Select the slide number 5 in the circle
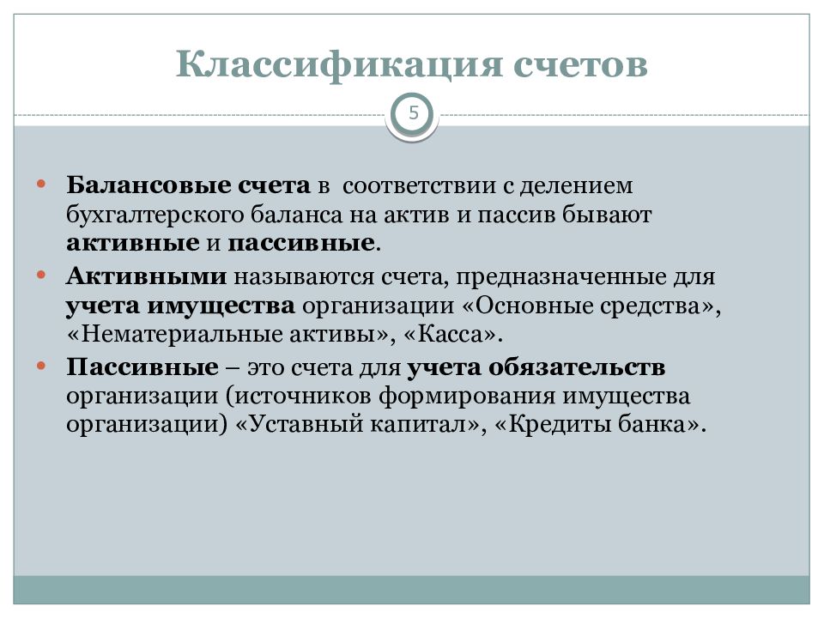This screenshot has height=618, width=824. click(414, 112)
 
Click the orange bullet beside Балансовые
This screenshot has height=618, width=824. click(41, 184)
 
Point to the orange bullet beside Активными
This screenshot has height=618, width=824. click(41, 275)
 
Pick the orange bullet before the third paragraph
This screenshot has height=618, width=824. click(41, 366)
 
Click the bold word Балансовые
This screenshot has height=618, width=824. click(148, 185)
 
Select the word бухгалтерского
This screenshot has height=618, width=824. click(155, 215)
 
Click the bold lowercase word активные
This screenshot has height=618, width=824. click(133, 243)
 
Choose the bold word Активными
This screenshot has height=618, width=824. click(147, 276)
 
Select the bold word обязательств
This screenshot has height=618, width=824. click(577, 367)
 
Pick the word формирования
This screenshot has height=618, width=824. click(466, 397)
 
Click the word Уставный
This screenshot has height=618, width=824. click(306, 424)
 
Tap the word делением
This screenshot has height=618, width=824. click(576, 186)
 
